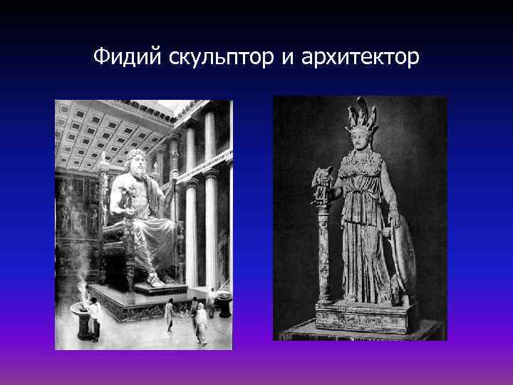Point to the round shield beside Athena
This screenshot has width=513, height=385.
[x=404, y=257]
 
